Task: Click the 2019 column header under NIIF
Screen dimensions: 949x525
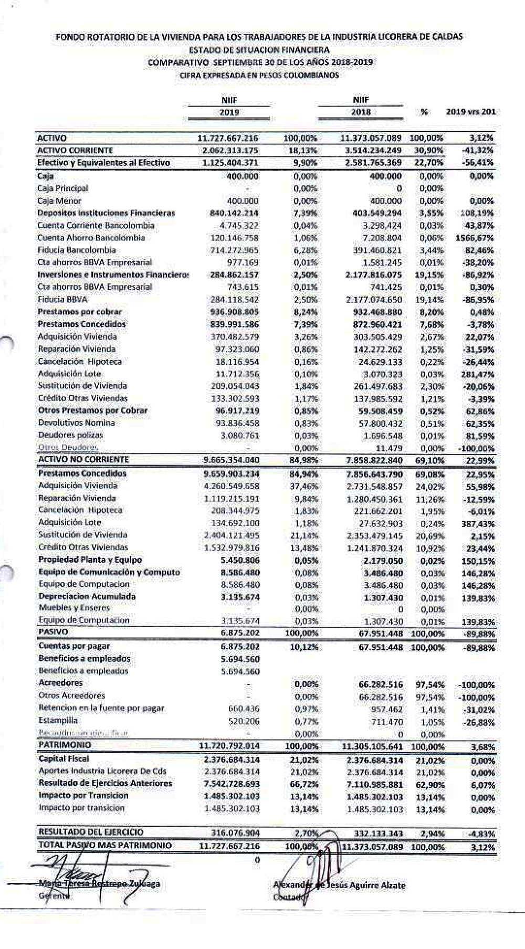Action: pos(229,112)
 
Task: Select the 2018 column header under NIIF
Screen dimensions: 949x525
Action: pos(361,112)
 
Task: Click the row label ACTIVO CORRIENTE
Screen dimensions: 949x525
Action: pos(75,151)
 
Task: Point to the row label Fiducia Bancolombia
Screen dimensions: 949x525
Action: pos(77,250)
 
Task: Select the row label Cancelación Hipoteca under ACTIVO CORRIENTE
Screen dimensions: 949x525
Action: pos(80,362)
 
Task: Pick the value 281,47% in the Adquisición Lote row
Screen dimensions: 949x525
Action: pos(479,374)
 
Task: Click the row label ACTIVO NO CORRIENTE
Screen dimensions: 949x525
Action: pos(83,459)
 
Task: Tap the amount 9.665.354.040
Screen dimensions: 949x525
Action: pos(231,460)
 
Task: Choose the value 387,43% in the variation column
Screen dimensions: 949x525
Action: pos(479,523)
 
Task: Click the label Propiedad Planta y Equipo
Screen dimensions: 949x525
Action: pos(90,560)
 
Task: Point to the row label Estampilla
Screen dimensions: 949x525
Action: pos(58,721)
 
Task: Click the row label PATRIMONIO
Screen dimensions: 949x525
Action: pos(65,745)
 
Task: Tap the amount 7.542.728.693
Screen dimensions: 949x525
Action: pos(231,784)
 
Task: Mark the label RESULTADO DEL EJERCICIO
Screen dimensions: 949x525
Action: pos(90,832)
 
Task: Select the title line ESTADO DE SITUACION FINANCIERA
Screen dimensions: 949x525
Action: pos(259,50)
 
